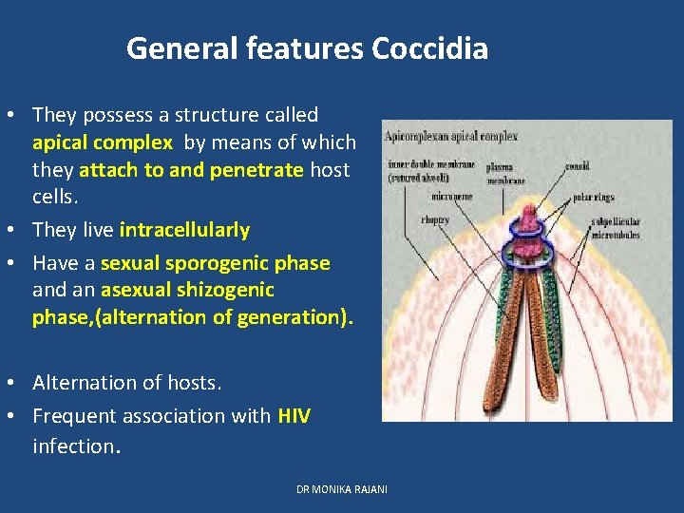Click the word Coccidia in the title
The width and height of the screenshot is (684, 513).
[x=430, y=47]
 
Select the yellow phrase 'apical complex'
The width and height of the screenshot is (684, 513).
[x=102, y=142]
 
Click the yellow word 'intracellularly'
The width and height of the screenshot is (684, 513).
[x=184, y=230]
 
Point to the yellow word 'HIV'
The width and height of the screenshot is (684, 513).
[x=294, y=415]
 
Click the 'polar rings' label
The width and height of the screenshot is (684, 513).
[x=594, y=198]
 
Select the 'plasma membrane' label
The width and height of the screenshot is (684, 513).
[x=505, y=173]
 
